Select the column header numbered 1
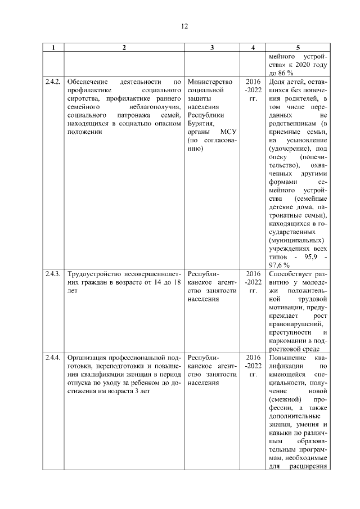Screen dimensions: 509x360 click(53, 48)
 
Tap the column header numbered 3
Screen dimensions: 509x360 click(212, 48)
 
